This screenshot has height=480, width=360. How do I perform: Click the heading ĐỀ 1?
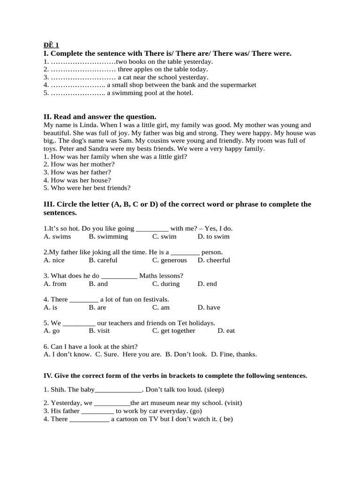click(51, 45)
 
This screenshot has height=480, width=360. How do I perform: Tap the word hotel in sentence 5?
click(183, 93)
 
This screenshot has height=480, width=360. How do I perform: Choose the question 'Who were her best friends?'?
click(87, 187)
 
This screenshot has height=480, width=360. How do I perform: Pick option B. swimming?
click(108, 236)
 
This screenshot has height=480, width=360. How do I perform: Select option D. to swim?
click(214, 236)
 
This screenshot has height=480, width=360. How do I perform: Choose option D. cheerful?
click(214, 260)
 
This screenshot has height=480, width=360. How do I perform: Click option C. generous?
click(169, 260)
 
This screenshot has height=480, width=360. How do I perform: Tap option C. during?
click(166, 284)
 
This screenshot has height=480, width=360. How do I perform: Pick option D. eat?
click(226, 330)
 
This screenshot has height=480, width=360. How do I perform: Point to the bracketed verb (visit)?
click(233, 403)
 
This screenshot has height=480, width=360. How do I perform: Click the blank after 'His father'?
click(97, 411)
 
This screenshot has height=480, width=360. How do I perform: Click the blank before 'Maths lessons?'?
click(119, 276)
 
